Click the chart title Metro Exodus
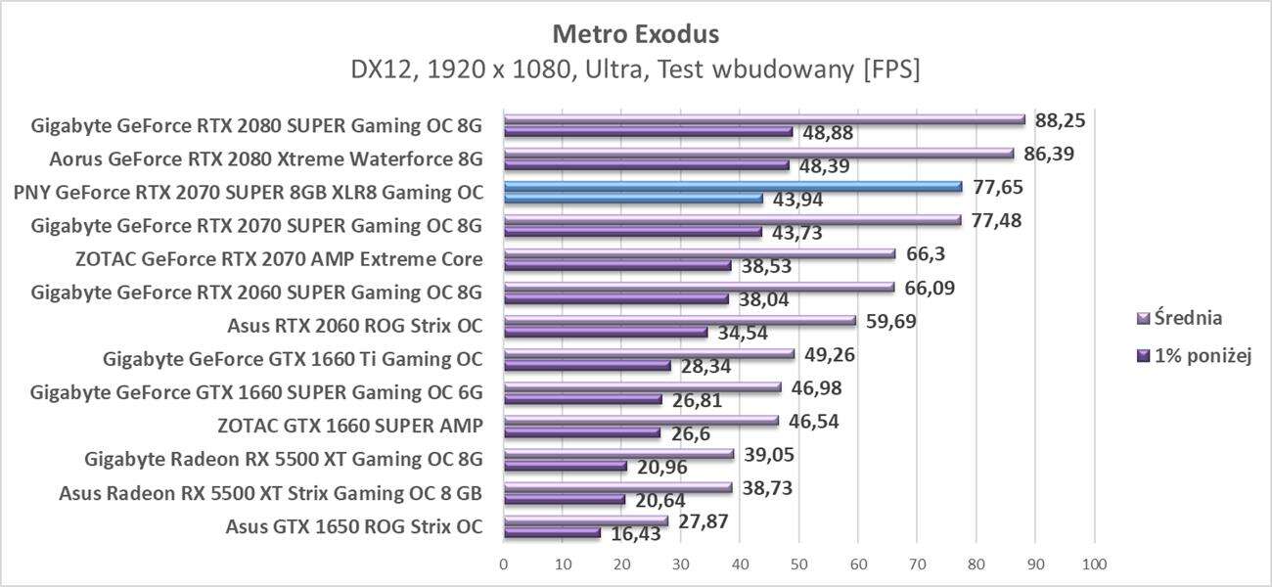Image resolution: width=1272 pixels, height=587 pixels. click(x=635, y=33)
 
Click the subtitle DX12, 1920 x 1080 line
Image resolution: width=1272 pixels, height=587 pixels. click(x=635, y=70)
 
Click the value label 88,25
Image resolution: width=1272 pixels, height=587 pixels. click(x=1062, y=119)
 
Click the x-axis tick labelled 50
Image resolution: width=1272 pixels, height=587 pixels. click(x=798, y=564)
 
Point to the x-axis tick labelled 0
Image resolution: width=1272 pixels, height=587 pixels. click(x=504, y=564)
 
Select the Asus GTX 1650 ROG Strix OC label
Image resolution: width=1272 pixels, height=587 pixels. click(x=353, y=526)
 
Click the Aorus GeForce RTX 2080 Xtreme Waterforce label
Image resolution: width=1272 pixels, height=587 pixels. click(x=265, y=158)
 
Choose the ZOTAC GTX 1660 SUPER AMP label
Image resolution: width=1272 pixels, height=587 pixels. click(x=349, y=426)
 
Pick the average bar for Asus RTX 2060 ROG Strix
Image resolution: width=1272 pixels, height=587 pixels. click(x=679, y=320)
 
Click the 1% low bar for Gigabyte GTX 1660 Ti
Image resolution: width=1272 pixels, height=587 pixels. click(x=587, y=366)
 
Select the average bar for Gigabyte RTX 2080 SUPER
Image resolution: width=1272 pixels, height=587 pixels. click(x=763, y=119)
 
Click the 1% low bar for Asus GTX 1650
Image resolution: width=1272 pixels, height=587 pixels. click(x=552, y=533)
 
